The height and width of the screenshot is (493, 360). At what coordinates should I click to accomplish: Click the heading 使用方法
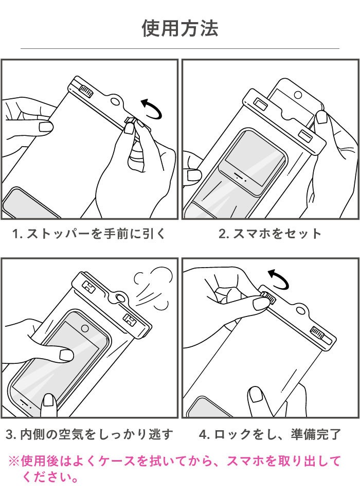pos(179,28)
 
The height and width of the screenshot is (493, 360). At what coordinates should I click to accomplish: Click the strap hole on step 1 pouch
pos(116,101)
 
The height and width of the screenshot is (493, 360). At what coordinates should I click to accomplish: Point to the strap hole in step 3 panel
pos(120,297)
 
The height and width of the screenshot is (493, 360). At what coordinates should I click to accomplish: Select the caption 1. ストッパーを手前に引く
pos(88,234)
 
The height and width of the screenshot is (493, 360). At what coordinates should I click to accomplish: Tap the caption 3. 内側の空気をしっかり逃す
pos(89,434)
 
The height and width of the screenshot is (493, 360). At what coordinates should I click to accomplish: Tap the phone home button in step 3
pos(85,328)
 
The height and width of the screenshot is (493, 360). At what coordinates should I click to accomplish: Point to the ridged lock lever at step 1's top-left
pos(85,91)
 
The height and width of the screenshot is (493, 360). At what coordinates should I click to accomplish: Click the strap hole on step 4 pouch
pos(301,311)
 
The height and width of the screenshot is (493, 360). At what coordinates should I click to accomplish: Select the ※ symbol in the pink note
pos(14,462)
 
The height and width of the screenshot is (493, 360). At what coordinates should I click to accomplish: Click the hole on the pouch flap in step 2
pos(298,95)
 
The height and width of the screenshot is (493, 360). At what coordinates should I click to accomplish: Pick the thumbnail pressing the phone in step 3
pos(66,355)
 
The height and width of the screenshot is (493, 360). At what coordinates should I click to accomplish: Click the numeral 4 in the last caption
pos(203,434)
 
